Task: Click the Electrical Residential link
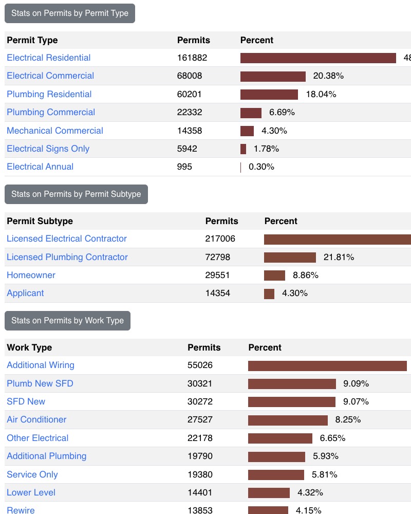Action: click(x=48, y=58)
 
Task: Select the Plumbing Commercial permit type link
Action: click(x=51, y=112)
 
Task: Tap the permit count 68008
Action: click(x=190, y=76)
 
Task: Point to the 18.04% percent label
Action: click(x=321, y=94)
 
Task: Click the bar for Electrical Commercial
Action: click(x=273, y=76)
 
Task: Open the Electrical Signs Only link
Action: click(x=48, y=149)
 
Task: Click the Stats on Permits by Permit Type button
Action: click(x=70, y=13)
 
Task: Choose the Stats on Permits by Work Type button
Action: click(x=67, y=320)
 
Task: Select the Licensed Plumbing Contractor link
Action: click(x=67, y=257)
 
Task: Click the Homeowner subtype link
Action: click(x=31, y=275)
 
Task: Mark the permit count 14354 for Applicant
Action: click(x=218, y=293)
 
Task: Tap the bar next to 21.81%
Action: click(x=290, y=258)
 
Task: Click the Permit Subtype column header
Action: click(x=40, y=221)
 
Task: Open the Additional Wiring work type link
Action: click(x=41, y=365)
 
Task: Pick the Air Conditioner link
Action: click(x=36, y=419)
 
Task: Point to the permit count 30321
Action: click(x=200, y=383)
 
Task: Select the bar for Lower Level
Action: click(x=269, y=493)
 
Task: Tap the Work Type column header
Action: click(x=29, y=347)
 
